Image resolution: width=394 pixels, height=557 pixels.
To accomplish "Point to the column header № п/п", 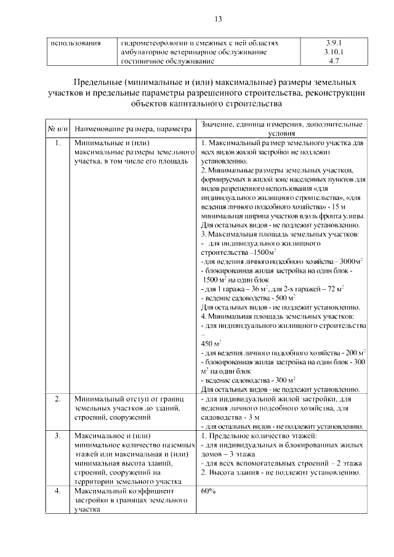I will click(x=57, y=129).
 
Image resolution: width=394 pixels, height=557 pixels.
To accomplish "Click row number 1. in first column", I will click(x=57, y=143).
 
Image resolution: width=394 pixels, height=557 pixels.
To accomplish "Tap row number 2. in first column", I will click(x=57, y=399).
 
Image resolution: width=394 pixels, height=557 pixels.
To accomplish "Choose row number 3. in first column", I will click(x=57, y=436).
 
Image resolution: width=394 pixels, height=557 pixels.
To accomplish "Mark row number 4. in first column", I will click(x=57, y=491).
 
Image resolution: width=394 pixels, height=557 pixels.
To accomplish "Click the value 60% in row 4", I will click(x=208, y=491).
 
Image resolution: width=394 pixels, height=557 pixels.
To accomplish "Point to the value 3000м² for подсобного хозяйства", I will click(x=350, y=262).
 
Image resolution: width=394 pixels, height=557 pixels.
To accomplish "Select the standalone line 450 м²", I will click(x=211, y=344).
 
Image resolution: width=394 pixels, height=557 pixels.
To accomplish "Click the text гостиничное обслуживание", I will click(x=168, y=62).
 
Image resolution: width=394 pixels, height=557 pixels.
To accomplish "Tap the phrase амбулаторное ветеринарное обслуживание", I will click(x=195, y=53).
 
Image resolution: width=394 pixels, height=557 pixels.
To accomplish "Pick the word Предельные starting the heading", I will click(x=94, y=82).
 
